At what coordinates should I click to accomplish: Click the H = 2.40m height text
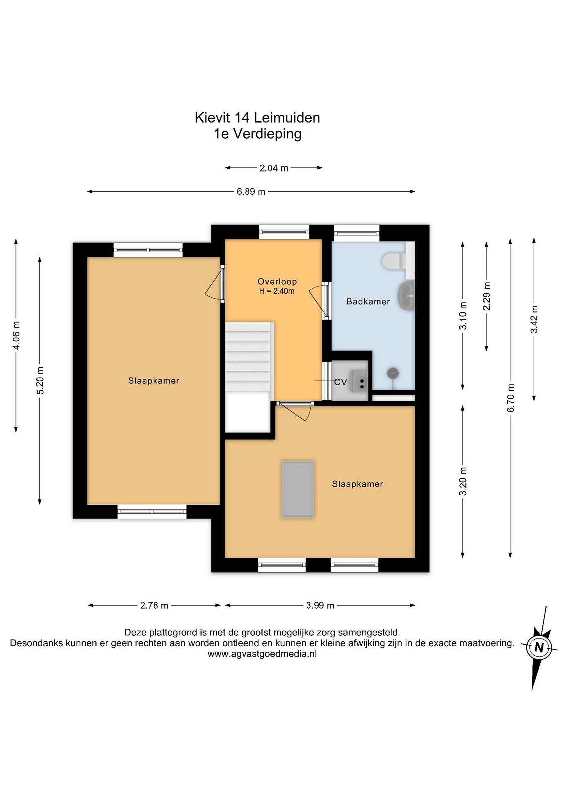point(277,291)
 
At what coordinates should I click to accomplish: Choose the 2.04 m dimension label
point(274,168)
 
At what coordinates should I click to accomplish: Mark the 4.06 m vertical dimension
point(16,335)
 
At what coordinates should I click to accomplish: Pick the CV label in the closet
point(340,382)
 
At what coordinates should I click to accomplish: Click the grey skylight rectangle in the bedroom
point(298,489)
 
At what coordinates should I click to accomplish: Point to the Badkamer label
point(368,301)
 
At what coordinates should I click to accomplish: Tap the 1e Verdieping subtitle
point(257,134)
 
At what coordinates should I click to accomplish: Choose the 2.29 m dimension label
point(487,296)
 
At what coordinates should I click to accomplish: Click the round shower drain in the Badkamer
point(393,373)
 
